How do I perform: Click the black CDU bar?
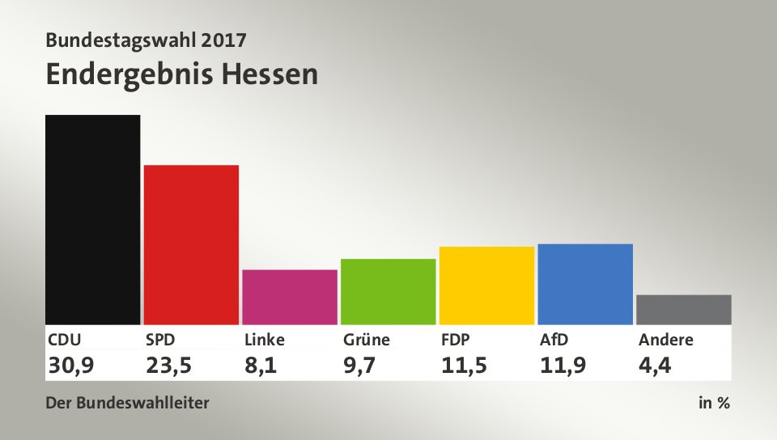[92, 219]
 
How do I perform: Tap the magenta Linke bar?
[290, 297]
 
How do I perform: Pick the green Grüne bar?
[388, 291]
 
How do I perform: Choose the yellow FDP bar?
[486, 286]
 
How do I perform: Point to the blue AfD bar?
[585, 284]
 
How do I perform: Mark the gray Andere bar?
[684, 310]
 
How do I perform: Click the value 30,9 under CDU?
[71, 366]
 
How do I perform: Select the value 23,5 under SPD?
[169, 366]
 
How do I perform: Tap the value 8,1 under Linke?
[261, 366]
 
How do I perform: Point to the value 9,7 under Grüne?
[359, 366]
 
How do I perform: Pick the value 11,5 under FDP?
[465, 366]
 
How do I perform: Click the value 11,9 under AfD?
[563, 366]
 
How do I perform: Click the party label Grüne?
[366, 340]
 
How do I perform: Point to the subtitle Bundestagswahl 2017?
[146, 39]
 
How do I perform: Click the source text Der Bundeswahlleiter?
[127, 403]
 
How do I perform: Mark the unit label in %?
[714, 403]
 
